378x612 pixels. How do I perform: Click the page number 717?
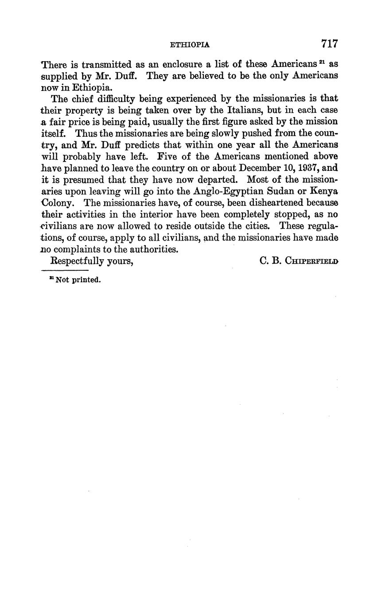click(x=330, y=43)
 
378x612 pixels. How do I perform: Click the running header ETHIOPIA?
click(x=190, y=45)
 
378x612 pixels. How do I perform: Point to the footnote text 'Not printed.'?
click(x=78, y=280)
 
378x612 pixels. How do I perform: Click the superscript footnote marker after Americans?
click(x=323, y=62)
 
